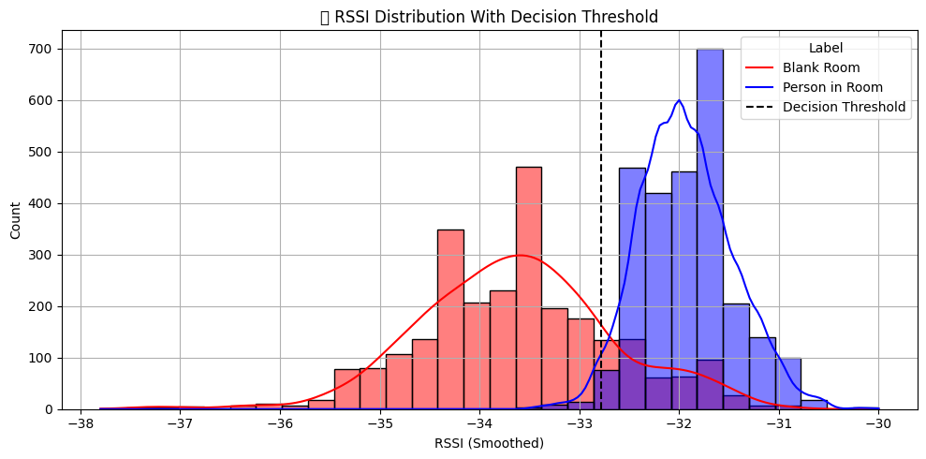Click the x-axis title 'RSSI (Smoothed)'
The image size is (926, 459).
coord(489,443)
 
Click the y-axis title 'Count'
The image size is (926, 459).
coord(16,219)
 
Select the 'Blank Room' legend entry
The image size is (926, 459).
coord(821,67)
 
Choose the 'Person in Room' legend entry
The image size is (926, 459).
coord(830,87)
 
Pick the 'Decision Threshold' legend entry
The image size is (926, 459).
coord(844,107)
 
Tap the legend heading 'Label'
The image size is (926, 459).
coord(825,48)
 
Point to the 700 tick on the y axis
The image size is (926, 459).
coord(43,49)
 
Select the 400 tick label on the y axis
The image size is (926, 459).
coord(43,203)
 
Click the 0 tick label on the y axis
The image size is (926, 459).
coord(51,409)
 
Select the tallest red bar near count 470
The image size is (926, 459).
coord(528,281)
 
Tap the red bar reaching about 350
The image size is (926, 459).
coord(450,318)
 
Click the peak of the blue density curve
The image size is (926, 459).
coord(679,100)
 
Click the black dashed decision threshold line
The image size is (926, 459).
coord(601,187)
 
